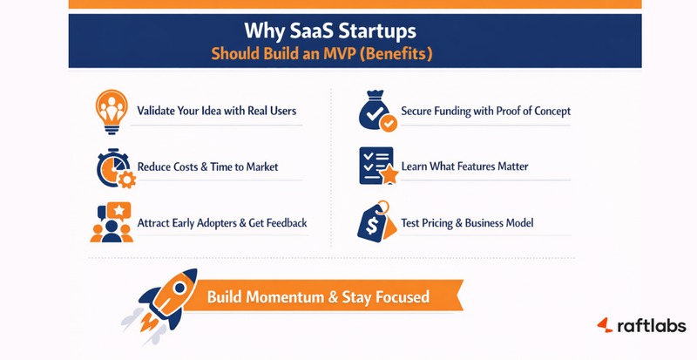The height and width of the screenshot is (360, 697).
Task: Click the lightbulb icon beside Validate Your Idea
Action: click(x=112, y=111)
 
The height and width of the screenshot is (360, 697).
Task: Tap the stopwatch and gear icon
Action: click(x=112, y=166)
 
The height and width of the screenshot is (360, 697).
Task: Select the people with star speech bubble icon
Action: click(x=112, y=222)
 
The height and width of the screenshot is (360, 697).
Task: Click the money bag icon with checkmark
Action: click(x=377, y=111)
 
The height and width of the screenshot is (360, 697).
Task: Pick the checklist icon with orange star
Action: click(x=377, y=166)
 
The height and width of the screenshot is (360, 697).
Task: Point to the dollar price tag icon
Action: click(x=376, y=222)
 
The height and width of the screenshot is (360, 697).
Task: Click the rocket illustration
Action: click(x=165, y=297)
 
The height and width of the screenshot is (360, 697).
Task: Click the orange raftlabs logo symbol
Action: click(x=605, y=325)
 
